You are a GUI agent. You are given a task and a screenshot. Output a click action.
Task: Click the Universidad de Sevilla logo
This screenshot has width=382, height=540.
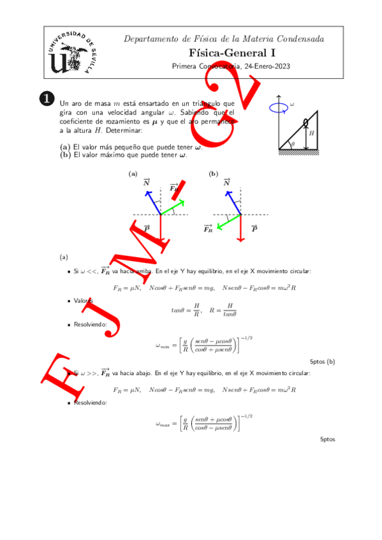click(68, 53)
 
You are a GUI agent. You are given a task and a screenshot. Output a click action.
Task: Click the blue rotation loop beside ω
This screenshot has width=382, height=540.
click(279, 107)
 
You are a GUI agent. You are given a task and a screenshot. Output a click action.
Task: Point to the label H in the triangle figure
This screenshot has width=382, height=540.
click(311, 134)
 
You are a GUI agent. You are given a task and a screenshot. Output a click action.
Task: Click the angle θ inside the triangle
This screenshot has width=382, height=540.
click(292, 144)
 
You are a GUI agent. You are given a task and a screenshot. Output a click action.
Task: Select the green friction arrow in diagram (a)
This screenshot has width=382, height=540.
click(172, 208)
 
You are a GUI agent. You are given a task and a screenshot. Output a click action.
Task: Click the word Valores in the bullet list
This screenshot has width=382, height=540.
click(84, 300)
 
